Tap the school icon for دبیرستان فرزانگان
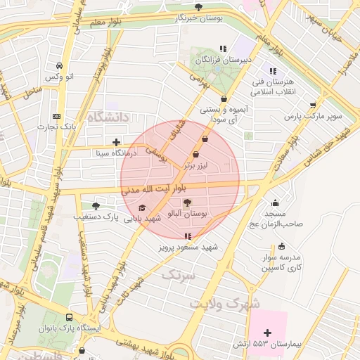pos(223,49)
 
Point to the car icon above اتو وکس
pos(58,65)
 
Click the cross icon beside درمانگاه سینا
pos(116,141)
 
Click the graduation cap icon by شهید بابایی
pos(143,207)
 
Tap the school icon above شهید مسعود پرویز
pos(187,237)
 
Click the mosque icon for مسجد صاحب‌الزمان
pos(275,203)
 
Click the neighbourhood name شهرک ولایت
pos(224,303)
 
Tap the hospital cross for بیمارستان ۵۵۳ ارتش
pos(267,332)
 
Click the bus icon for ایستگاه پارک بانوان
pos(69,318)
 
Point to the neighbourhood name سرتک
pos(176,275)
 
